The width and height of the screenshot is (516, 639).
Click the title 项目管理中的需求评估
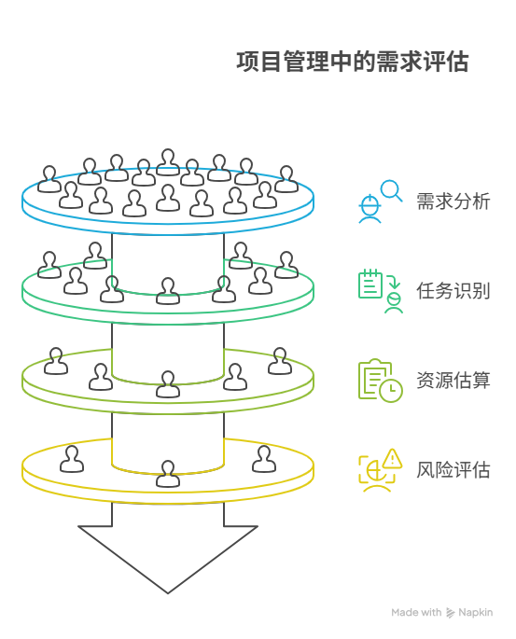coord(353,63)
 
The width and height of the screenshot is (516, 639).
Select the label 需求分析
coord(453,201)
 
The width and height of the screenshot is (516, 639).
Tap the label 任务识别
coord(453,290)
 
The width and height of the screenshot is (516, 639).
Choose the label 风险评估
coord(453,469)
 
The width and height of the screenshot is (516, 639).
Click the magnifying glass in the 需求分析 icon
coord(391,191)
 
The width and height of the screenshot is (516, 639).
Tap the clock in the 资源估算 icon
coord(391,390)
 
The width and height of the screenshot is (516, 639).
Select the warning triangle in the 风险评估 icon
coord(392,458)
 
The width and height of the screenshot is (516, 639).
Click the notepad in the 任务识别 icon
coord(370,285)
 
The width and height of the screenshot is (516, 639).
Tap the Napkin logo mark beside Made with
coord(452,613)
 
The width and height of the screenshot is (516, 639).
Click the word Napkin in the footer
coord(476,613)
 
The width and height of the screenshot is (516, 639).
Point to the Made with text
coord(416,613)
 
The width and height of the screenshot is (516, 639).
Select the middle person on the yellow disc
coord(168,473)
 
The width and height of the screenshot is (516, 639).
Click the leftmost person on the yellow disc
coord(72,459)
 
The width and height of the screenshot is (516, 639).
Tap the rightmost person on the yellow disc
coord(264,459)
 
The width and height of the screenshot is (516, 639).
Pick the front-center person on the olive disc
coord(168,383)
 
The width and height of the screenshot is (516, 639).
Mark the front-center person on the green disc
coord(168,291)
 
